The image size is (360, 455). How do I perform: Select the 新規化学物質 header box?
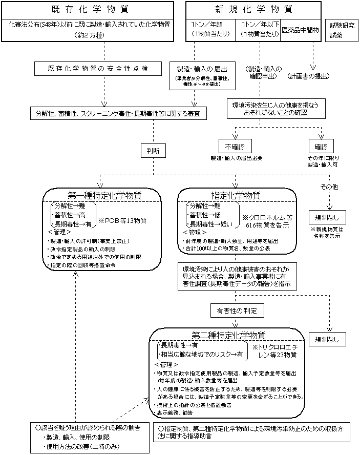point(254,10)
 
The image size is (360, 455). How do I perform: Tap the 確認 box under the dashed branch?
point(321,147)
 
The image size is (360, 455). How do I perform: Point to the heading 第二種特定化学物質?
point(228,336)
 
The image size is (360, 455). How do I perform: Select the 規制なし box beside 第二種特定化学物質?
point(327,339)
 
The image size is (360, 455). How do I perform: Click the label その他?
point(328,187)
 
